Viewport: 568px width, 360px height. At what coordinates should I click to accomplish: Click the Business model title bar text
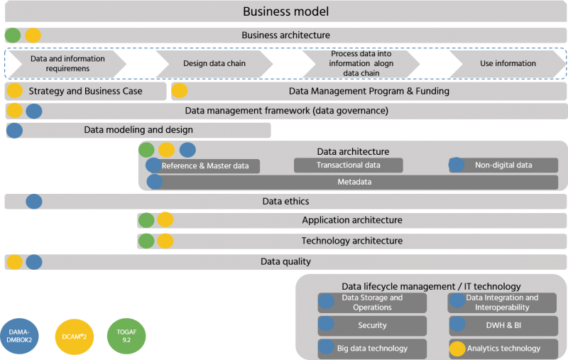point(285,11)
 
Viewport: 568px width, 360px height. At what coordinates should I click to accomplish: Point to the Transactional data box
point(348,165)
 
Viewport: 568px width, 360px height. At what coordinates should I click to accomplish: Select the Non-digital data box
point(503,165)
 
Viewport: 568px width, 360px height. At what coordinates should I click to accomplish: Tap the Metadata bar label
point(354,182)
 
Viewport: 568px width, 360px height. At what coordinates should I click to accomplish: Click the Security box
point(372,325)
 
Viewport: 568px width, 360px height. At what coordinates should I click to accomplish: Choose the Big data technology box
point(372,349)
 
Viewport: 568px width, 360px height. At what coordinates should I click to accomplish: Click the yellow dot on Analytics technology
point(457,349)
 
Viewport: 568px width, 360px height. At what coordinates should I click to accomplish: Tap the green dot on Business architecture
point(13,35)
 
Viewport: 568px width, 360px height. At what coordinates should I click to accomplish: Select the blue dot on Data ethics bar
point(33,202)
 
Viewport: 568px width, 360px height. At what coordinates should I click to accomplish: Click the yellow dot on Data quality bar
point(14,262)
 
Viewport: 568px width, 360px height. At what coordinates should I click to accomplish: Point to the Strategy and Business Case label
point(85,91)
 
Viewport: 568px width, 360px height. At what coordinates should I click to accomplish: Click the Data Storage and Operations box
point(372,302)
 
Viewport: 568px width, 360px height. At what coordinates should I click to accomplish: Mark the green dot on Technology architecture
point(146,241)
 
